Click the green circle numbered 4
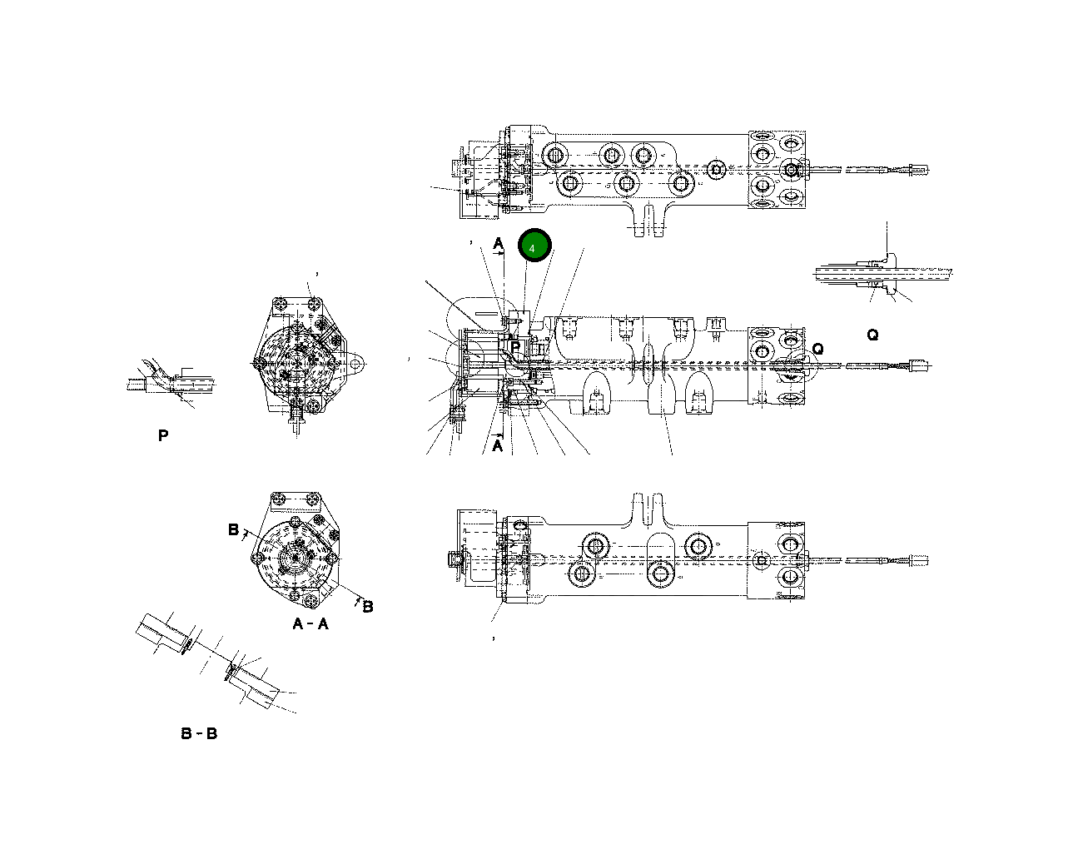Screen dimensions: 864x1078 (534, 246)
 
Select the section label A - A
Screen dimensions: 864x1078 (310, 623)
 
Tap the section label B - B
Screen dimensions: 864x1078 (199, 733)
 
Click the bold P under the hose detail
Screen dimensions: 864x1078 (163, 435)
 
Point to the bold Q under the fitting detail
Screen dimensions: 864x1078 (872, 335)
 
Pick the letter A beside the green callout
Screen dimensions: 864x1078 (498, 243)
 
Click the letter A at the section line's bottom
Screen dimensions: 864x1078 (498, 445)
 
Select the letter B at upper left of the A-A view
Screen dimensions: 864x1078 (233, 529)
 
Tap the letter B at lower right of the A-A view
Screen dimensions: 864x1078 (367, 606)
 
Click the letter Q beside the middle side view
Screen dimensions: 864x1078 (817, 349)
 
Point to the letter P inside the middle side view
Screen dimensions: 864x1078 (515, 346)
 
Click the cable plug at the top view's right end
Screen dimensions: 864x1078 (919, 169)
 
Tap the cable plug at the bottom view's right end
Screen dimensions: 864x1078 (919, 559)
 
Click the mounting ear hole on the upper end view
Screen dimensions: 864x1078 (355, 364)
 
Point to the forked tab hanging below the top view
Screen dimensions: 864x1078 (650, 221)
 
